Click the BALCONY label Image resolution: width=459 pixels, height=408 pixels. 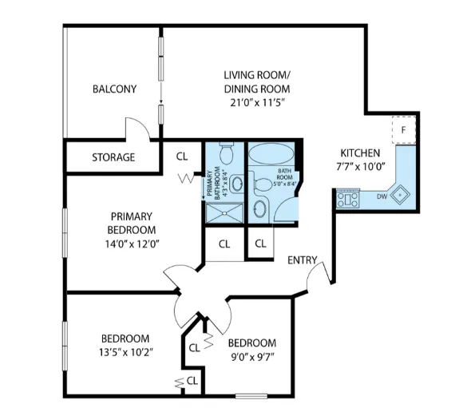point(113,89)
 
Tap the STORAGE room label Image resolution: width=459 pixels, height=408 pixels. point(113,157)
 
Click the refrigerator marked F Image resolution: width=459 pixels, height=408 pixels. point(404,129)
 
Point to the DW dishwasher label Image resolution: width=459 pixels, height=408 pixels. point(382,196)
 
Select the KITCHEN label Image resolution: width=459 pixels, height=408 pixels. point(361,153)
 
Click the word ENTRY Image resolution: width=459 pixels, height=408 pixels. point(303,259)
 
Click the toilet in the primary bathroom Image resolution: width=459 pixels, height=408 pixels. point(226,153)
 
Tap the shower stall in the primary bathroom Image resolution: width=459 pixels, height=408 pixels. point(226,211)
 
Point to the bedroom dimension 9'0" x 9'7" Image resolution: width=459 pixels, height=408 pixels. point(252,357)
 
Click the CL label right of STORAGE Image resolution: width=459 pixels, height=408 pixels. point(182,156)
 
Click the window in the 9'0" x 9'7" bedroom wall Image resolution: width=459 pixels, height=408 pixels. point(251,395)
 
